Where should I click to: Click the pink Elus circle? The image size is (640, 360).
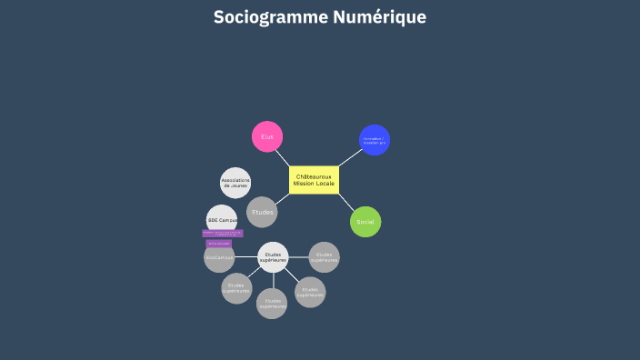(x=267, y=136)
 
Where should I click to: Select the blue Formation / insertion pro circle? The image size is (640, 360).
(x=375, y=140)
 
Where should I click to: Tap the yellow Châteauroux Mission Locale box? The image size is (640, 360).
(x=314, y=180)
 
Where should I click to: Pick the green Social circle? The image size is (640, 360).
(x=365, y=222)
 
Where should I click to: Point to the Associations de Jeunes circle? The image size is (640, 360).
(x=235, y=183)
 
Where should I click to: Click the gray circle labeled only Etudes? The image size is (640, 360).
(x=262, y=212)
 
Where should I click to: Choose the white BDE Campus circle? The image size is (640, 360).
(x=222, y=220)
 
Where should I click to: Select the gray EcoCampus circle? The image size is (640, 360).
(x=219, y=257)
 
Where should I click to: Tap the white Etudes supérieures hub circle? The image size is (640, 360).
(x=274, y=257)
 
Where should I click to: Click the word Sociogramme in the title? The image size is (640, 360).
(x=264, y=17)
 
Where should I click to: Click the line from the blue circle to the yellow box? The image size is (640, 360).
(x=350, y=157)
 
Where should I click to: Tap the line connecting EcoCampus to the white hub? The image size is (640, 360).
(x=246, y=257)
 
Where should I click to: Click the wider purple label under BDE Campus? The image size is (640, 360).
(x=223, y=234)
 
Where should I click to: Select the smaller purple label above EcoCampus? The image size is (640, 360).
(x=219, y=244)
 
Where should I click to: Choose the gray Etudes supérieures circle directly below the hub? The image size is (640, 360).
(x=272, y=304)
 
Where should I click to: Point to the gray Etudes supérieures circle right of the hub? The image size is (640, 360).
(x=325, y=257)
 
